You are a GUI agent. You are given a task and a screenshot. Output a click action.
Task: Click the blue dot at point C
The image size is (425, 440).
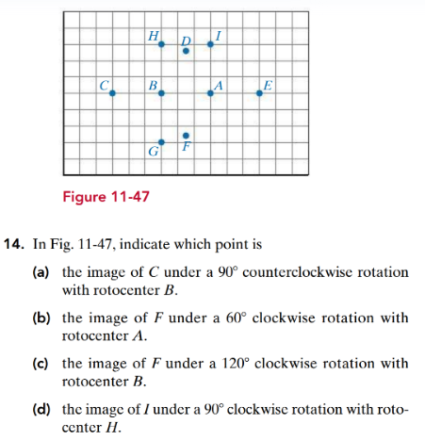(112, 93)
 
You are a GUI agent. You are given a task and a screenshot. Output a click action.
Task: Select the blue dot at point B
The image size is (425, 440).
(161, 93)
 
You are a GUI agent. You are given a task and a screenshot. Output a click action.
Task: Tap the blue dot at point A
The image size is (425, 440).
(210, 93)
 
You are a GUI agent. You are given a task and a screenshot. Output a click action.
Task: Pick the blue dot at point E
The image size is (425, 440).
(260, 93)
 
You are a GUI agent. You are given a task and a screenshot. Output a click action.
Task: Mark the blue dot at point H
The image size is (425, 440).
(161, 44)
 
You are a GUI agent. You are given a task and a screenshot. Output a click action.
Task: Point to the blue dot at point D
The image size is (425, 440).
(186, 51)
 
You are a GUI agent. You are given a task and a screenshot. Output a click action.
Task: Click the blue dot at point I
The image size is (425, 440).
(210, 44)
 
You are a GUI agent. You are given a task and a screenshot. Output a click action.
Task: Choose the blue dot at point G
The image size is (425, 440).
(161, 142)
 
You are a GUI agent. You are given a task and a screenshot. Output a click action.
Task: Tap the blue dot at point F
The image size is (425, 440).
(186, 136)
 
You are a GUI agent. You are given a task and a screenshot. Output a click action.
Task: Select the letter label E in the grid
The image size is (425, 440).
(269, 85)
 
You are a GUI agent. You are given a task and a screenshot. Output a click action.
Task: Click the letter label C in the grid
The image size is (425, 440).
(104, 85)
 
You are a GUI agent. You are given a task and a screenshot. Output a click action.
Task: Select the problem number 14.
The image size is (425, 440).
(15, 243)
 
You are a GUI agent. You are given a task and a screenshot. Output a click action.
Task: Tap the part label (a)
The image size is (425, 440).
(43, 272)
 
